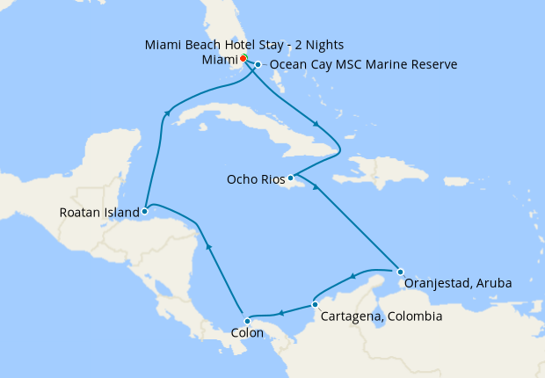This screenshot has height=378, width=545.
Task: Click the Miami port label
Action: point(219,59)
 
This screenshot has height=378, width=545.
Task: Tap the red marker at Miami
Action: point(243,59)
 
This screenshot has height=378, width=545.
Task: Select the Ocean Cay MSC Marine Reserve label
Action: point(363,64)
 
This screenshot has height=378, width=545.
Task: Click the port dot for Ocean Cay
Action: point(258,64)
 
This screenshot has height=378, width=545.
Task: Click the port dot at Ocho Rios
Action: point(290,178)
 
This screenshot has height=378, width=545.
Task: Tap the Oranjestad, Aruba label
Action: point(457,284)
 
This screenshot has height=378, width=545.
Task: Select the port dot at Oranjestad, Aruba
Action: point(401,271)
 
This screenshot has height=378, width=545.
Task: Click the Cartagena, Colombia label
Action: point(381,316)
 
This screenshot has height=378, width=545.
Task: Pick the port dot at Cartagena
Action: point(315,305)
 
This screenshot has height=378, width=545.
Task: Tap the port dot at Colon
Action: point(247,321)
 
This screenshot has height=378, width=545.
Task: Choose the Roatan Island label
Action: point(99,212)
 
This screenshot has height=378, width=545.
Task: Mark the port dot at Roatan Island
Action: point(144,211)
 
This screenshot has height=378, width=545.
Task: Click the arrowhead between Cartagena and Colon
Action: point(280,313)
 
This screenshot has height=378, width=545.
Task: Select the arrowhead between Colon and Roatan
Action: point(208,248)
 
